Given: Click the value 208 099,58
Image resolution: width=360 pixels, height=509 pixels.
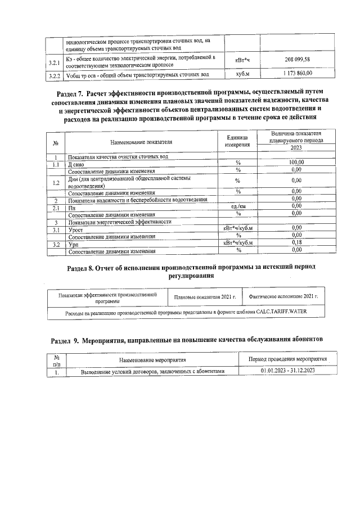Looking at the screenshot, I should [x=296, y=60].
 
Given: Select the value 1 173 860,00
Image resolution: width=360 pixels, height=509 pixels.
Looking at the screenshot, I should [x=296, y=74].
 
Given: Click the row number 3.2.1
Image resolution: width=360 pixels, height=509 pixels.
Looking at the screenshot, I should [x=55, y=62].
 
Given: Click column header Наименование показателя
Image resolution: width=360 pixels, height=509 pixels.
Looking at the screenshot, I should [x=141, y=143].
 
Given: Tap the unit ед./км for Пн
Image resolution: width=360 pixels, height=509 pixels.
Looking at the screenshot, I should [x=238, y=207].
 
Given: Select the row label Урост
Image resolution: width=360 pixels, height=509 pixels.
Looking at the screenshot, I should [x=76, y=229].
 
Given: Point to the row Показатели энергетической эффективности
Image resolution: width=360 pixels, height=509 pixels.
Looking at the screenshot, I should [x=119, y=222].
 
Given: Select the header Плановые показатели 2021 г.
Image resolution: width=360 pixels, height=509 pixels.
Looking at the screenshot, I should [x=205, y=296].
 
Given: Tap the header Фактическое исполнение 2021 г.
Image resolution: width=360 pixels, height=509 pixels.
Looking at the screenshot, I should [x=283, y=296].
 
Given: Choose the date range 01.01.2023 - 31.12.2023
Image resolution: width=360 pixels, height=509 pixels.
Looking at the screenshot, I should [x=288, y=371].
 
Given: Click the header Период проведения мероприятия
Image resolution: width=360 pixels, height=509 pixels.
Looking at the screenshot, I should [x=288, y=359].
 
